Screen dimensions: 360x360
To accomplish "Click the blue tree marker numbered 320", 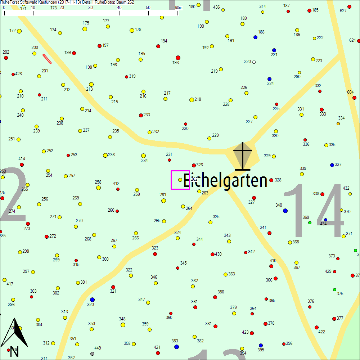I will click(92, 300).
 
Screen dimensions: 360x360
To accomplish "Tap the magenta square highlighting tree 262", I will click(180, 180).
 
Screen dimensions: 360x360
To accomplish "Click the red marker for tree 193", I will click(178, 58).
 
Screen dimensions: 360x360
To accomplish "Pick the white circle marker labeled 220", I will click(254, 62).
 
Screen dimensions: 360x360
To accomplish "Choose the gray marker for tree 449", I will click(93, 354).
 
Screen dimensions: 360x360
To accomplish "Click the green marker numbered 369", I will click(310, 222).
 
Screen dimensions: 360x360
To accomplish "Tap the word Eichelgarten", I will click(225, 180).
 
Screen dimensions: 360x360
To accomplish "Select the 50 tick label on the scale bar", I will click(148, 7).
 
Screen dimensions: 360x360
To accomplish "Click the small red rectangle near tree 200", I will click(47, 59).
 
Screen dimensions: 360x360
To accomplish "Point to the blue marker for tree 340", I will click(285, 211).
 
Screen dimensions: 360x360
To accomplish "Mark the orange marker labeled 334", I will click(338, 123).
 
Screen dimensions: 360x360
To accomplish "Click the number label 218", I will click(198, 99).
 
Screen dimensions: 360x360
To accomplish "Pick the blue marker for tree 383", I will click(176, 347).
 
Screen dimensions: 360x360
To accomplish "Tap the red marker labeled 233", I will click(141, 115).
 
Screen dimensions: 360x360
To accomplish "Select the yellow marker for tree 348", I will click(123, 325).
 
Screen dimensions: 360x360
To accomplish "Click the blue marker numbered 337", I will click(332, 165).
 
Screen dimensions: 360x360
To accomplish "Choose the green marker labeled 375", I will click(334, 289).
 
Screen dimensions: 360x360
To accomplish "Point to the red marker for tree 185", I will click(309, 10).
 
